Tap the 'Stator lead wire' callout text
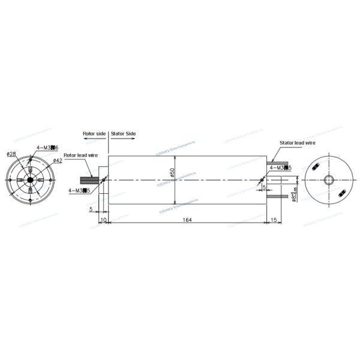click(x=298, y=143)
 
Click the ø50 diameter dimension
click(x=172, y=175)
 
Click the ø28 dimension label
click(x=10, y=154)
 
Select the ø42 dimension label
click(x=58, y=161)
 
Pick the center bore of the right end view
click(x=328, y=180)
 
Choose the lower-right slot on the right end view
click(x=341, y=193)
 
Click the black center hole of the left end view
click(x=29, y=180)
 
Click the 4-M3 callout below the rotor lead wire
click(x=79, y=190)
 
